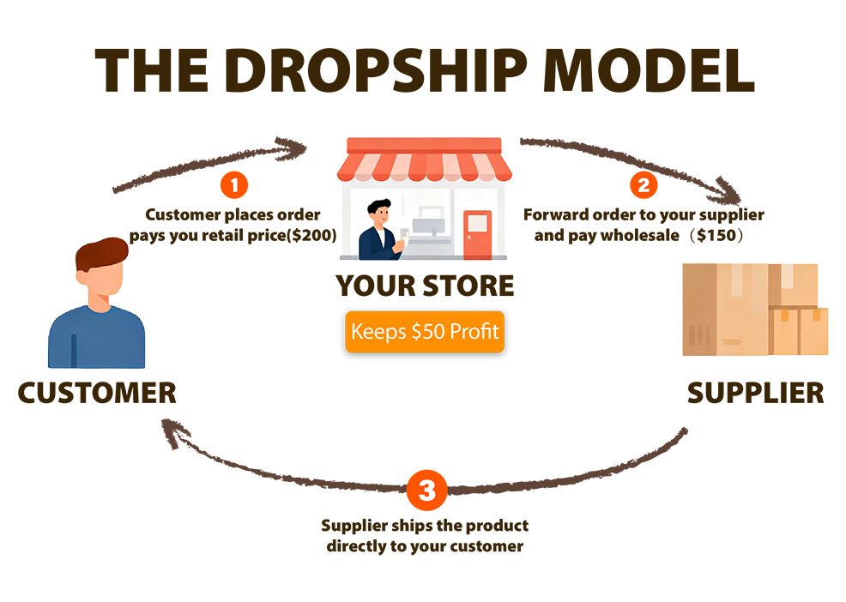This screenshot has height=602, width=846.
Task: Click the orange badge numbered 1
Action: click(x=237, y=184)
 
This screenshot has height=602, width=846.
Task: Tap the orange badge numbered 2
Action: click(x=642, y=184)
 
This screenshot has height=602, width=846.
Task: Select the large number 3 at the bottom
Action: click(x=426, y=491)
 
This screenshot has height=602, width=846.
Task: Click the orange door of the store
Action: click(x=477, y=234)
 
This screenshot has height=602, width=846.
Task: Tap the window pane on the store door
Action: click(x=477, y=223)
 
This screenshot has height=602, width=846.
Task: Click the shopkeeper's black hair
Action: click(x=378, y=207)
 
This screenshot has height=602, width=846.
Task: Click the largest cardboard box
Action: click(x=725, y=309)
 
